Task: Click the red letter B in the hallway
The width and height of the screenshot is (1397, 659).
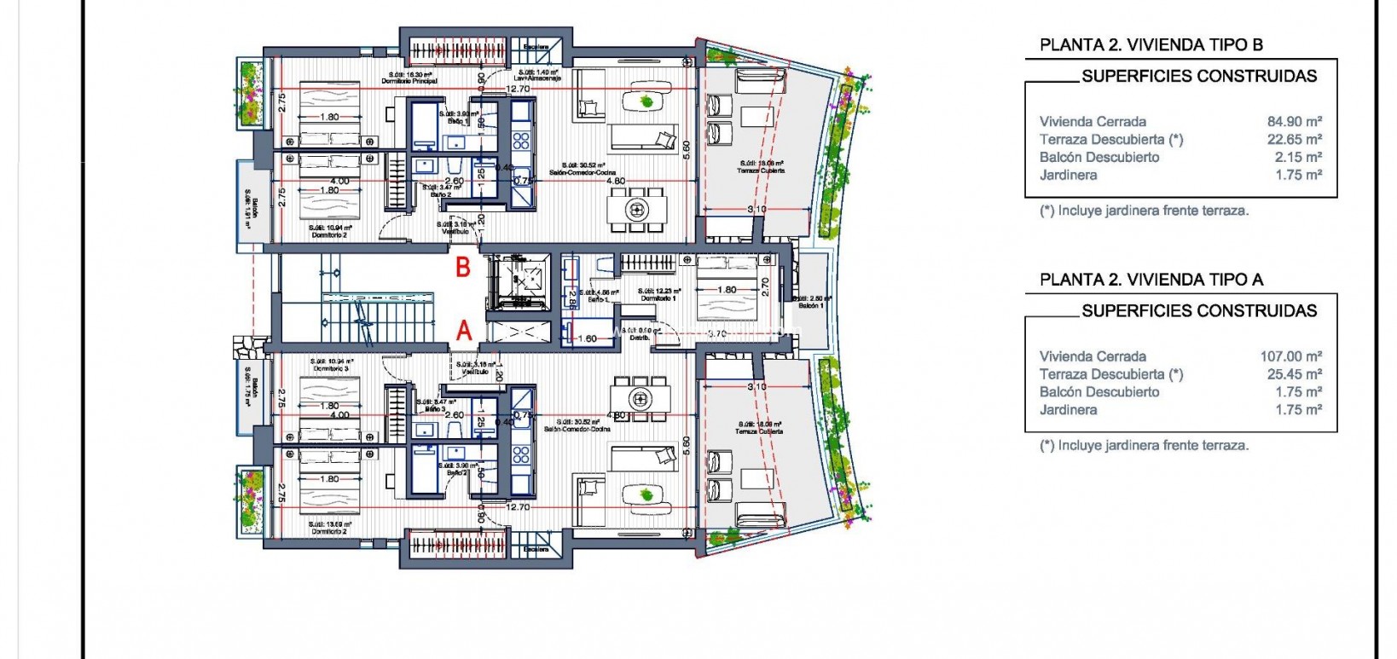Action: [463, 267]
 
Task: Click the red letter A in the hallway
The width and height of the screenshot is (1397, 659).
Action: [464, 330]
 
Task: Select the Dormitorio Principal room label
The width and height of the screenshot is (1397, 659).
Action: [409, 82]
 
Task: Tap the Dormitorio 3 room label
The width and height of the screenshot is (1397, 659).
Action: [332, 368]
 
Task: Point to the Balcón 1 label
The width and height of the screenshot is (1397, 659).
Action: [810, 304]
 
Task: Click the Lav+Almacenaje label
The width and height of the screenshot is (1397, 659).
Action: [536, 78]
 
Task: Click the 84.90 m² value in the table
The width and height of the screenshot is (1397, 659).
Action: [1294, 122]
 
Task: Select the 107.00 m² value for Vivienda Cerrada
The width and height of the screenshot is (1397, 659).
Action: [1290, 356]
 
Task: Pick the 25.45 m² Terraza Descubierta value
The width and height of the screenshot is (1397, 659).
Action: [1294, 374]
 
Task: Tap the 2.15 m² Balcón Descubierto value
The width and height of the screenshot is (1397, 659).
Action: [1298, 157]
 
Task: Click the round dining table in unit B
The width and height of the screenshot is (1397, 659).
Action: [637, 209]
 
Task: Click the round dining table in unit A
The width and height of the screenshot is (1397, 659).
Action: [640, 398]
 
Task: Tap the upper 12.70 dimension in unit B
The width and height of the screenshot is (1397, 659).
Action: [518, 89]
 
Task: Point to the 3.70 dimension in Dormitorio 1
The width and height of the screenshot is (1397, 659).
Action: [716, 334]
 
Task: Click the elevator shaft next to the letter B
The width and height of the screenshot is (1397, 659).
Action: [521, 277]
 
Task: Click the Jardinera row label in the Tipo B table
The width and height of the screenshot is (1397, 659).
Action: [1068, 175]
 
